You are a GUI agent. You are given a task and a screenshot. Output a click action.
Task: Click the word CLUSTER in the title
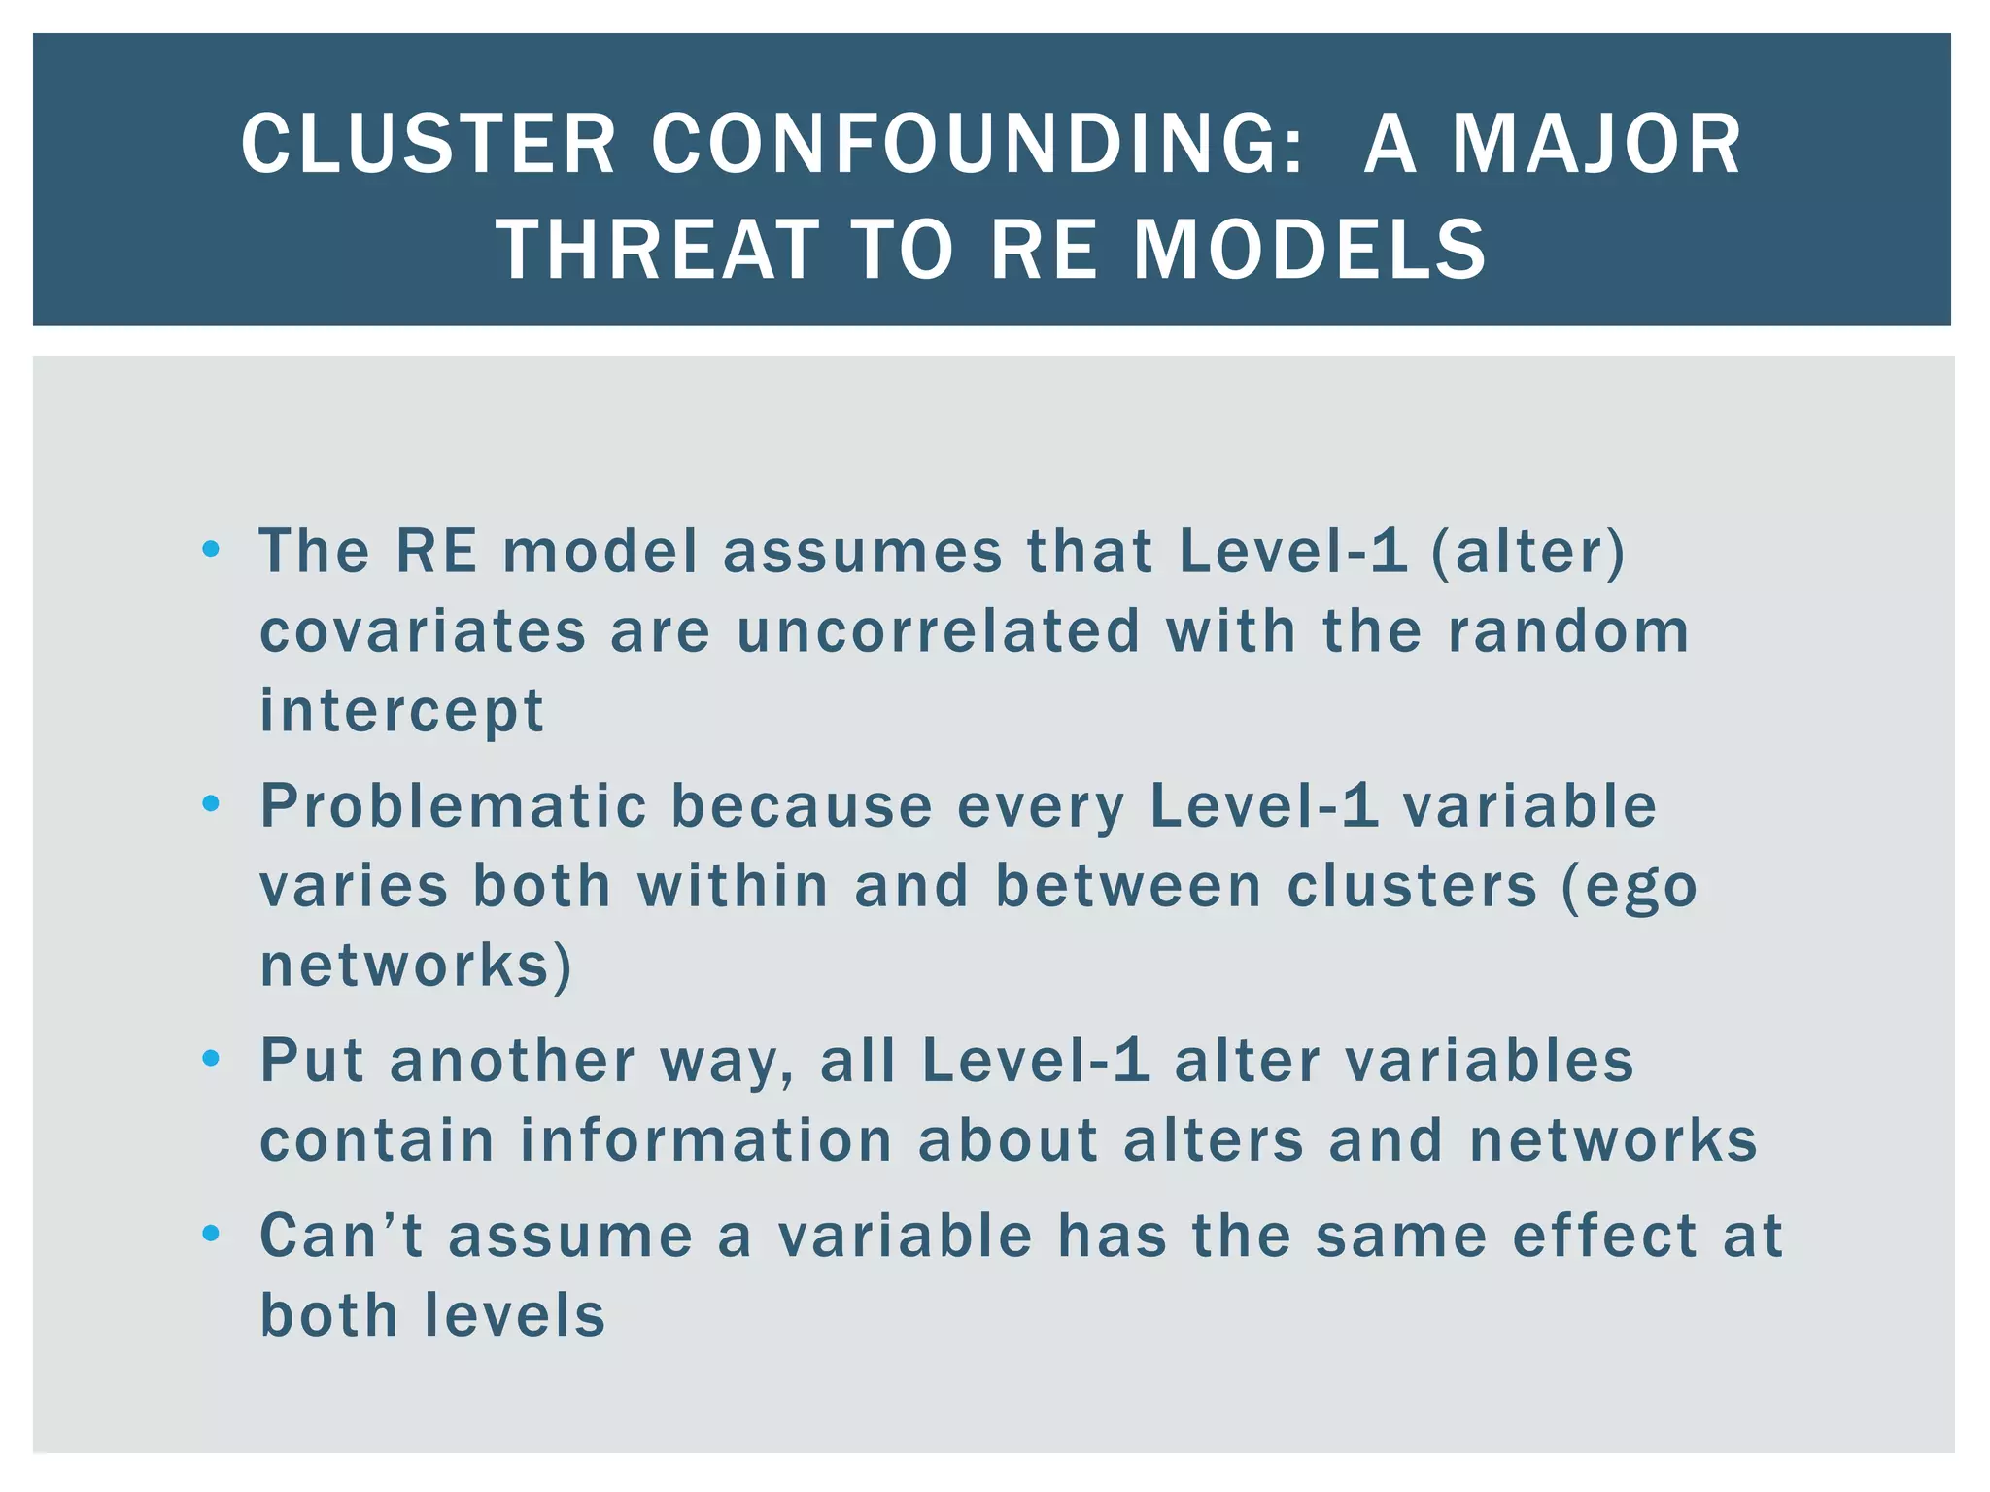pos(429,145)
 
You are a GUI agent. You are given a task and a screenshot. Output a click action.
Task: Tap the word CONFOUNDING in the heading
pos(978,145)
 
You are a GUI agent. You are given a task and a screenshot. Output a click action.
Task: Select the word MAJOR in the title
pos(1596,145)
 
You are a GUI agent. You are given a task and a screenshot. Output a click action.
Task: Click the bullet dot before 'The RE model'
pos(211,551)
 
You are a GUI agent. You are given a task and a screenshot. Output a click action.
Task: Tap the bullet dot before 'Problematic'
pos(211,804)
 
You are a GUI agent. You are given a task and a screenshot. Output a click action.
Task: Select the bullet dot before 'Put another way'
pos(211,1058)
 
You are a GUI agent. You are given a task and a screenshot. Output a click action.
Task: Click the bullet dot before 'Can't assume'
pos(211,1235)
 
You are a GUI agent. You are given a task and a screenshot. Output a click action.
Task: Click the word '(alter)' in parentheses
pos(1527,551)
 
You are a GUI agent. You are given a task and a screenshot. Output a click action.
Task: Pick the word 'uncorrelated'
pos(939,630)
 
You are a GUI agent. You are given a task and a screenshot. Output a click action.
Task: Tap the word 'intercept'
pos(401,710)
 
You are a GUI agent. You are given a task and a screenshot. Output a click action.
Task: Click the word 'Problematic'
pos(454,806)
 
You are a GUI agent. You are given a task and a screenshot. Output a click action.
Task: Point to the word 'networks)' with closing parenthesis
pos(416,966)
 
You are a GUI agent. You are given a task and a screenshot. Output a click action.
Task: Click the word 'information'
pos(705,1139)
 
